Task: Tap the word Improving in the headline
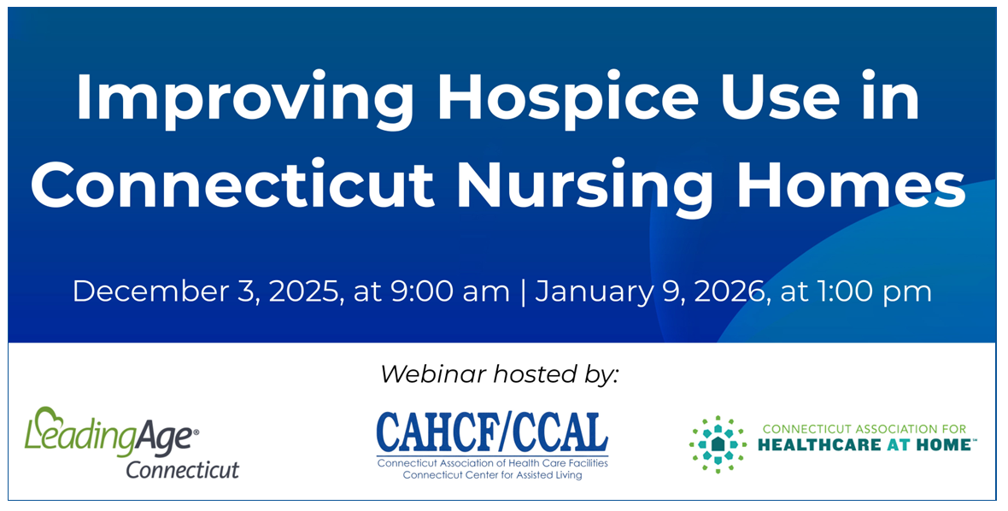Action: (x=244, y=100)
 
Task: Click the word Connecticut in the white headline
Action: (x=232, y=183)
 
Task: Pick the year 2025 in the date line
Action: (x=302, y=291)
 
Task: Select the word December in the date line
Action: (x=151, y=291)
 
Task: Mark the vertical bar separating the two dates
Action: (x=522, y=291)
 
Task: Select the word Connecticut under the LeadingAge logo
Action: (x=183, y=469)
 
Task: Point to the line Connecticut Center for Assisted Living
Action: (x=492, y=476)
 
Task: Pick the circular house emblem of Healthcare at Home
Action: (x=718, y=444)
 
